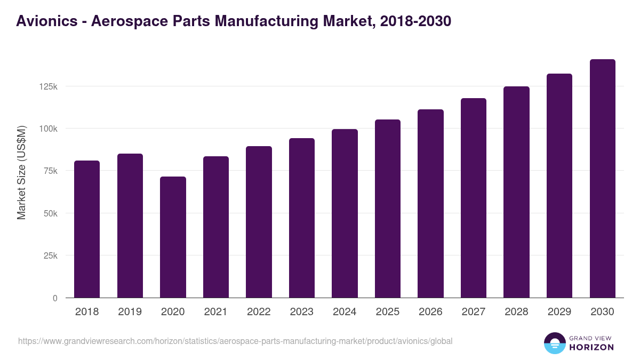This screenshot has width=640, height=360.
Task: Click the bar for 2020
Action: click(x=173, y=237)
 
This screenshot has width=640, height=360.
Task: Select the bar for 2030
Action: click(x=602, y=179)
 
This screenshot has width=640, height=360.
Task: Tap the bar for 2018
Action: click(x=87, y=229)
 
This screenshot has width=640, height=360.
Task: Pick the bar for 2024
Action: click(x=345, y=213)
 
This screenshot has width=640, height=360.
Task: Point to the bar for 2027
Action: click(x=474, y=198)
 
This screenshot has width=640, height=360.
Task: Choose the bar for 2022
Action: click(x=259, y=222)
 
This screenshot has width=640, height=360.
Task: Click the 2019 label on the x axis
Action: click(x=130, y=312)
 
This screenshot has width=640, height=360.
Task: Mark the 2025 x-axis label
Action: click(x=387, y=312)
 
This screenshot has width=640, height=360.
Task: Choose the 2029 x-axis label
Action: click(x=559, y=312)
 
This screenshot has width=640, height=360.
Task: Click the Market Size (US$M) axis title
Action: click(x=21, y=172)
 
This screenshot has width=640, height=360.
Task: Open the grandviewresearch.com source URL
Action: click(x=235, y=341)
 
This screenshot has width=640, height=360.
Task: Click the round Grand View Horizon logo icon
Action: click(x=554, y=343)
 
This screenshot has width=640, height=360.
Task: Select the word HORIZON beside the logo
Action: click(x=591, y=347)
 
